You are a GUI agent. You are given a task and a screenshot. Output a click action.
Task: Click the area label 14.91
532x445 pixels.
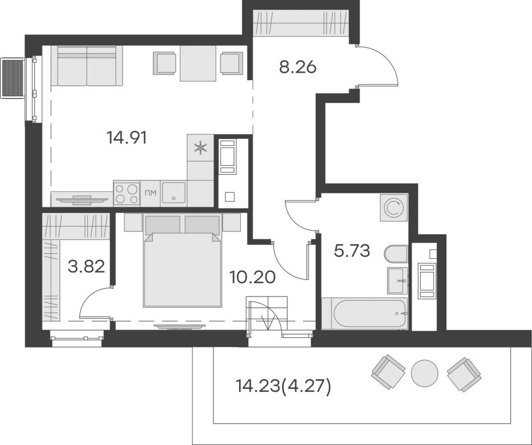pyautogui.click(x=127, y=138)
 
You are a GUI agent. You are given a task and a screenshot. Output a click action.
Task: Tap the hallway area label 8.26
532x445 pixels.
pyautogui.click(x=297, y=67)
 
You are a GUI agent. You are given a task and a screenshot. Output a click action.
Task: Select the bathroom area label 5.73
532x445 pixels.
pyautogui.click(x=352, y=251)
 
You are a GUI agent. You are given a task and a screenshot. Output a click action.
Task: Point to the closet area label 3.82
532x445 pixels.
pyautogui.click(x=86, y=266)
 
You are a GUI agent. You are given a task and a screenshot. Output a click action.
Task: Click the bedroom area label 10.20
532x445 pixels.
pyautogui.click(x=252, y=277)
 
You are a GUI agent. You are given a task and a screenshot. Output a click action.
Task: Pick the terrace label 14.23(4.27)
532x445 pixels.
pyautogui.click(x=283, y=386)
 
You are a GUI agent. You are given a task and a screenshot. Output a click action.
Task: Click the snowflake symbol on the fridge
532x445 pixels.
pyautogui.click(x=200, y=148)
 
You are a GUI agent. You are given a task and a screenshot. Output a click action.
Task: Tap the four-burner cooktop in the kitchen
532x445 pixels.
pyautogui.click(x=127, y=193)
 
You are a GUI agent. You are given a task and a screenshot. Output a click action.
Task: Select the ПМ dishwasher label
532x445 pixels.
pyautogui.click(x=150, y=193)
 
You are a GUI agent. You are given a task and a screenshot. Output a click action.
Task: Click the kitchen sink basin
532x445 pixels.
pyautogui.click(x=174, y=193)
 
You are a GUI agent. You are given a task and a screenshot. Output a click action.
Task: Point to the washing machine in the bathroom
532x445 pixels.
pyautogui.click(x=394, y=208)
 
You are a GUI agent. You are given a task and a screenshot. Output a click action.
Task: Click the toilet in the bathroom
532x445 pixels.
pyautogui.click(x=396, y=254)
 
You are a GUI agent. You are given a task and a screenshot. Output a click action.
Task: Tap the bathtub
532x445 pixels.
pyautogui.click(x=365, y=314)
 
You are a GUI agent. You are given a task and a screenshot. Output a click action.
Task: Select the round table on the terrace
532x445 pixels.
pyautogui.click(x=424, y=373)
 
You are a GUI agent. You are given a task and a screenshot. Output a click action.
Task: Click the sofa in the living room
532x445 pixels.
pyautogui.click(x=87, y=66)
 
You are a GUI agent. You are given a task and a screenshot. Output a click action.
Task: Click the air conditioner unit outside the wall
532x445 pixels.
pyautogui.click(x=13, y=78)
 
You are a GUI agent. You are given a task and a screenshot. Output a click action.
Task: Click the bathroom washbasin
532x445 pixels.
pyautogui.click(x=397, y=280)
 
